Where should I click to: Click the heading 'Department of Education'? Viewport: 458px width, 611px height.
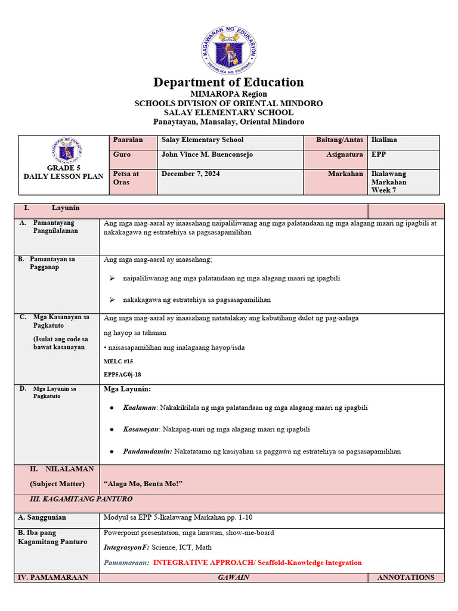(228, 82)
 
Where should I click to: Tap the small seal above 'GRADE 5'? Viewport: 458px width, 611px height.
(66, 151)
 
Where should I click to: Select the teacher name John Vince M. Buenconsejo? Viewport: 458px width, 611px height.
(208, 155)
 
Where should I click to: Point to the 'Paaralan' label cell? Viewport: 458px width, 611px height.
(128, 140)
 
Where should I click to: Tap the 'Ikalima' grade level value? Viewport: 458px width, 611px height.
(384, 140)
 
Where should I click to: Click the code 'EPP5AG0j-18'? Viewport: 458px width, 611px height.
(122, 374)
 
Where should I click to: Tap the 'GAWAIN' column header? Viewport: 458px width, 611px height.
(233, 578)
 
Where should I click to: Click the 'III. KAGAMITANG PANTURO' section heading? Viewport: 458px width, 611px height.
(81, 499)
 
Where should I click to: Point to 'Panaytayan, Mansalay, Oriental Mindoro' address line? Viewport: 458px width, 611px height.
(228, 122)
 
